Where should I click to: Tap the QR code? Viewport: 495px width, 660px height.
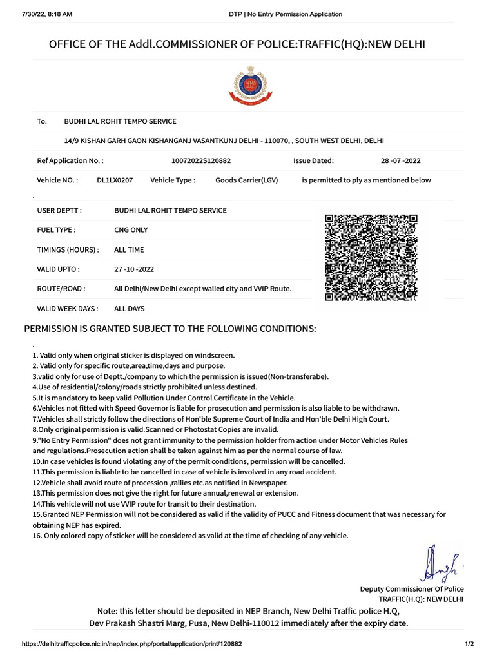pyautogui.click(x=371, y=257)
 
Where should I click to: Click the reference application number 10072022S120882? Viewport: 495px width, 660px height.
pyautogui.click(x=201, y=160)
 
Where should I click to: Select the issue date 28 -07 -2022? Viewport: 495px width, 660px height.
pyautogui.click(x=401, y=160)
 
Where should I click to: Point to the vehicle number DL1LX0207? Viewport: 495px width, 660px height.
pyautogui.click(x=115, y=180)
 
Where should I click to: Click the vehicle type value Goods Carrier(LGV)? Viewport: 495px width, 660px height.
pyautogui.click(x=246, y=180)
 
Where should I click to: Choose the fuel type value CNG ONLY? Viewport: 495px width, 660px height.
pyautogui.click(x=131, y=229)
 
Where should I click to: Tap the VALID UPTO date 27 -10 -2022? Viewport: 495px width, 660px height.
pyautogui.click(x=134, y=269)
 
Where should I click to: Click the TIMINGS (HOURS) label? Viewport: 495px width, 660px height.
pyautogui.click(x=68, y=249)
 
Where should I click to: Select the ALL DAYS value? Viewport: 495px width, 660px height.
pyautogui.click(x=129, y=309)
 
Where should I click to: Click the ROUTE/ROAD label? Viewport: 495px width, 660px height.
pyautogui.click(x=61, y=289)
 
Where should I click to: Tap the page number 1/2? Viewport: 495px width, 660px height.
pyautogui.click(x=469, y=644)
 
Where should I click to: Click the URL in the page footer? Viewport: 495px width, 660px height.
pyautogui.click(x=131, y=644)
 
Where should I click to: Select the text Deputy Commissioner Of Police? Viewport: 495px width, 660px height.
pyautogui.click(x=411, y=589)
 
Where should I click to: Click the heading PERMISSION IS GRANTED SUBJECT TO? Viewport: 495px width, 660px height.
pyautogui.click(x=170, y=329)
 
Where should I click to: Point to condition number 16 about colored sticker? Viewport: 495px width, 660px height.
pyautogui.click(x=190, y=536)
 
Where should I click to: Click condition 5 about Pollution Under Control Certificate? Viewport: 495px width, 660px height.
pyautogui.click(x=164, y=398)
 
